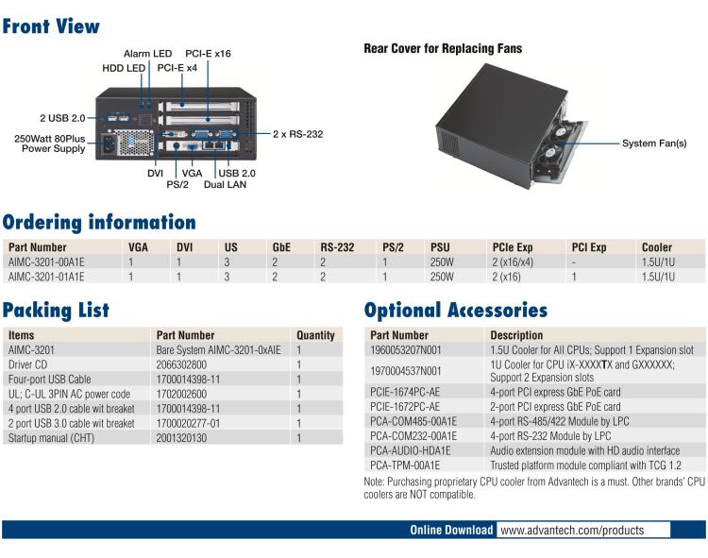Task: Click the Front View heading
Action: (51, 25)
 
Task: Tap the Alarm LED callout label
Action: (148, 54)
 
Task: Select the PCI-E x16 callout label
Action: (208, 54)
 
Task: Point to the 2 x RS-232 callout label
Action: (297, 134)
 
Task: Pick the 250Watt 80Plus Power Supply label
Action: (53, 143)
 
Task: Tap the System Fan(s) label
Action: (653, 144)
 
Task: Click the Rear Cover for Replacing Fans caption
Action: (442, 48)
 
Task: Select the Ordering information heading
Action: (99, 223)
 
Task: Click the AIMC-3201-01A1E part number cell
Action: (46, 277)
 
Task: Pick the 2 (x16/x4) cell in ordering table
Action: (513, 262)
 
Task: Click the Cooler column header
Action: (656, 246)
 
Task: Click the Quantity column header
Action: (315, 335)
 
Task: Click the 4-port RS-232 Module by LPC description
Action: (550, 435)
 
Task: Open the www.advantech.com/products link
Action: (571, 530)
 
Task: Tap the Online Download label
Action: (451, 530)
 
